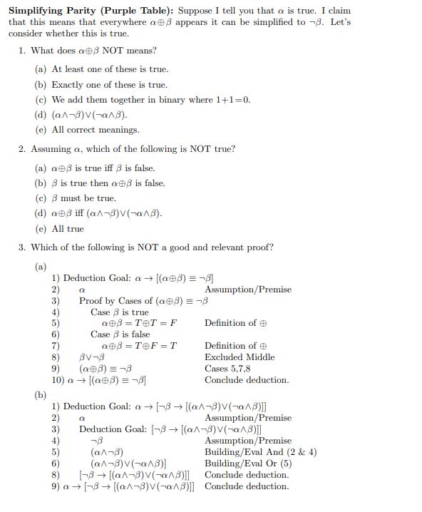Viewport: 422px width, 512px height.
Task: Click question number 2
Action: coord(22,149)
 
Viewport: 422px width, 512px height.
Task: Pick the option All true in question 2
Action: coord(68,229)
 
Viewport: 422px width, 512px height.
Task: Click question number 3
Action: coord(22,247)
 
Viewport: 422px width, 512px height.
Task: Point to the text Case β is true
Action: coord(120,312)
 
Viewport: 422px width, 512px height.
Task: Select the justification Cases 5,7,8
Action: coord(232,369)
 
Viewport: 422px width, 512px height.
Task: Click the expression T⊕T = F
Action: coord(156,323)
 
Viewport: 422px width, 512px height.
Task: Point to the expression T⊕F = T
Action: coord(156,346)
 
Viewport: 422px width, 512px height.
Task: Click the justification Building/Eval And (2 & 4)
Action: coord(260,452)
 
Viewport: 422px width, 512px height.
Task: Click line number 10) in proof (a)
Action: coord(58,380)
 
